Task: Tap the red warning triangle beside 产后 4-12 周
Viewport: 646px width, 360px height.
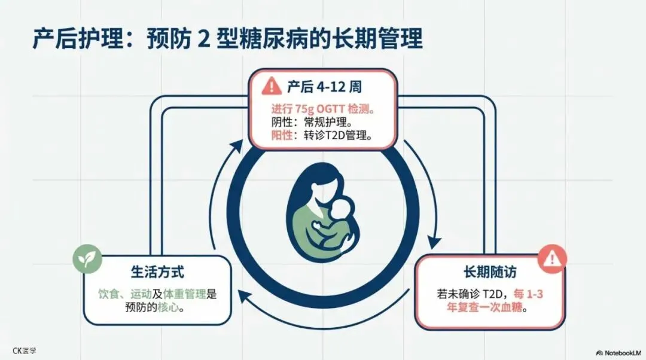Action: coord(272,86)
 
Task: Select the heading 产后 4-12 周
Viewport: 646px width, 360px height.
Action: coord(324,87)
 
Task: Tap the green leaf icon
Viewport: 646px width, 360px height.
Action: coord(84,259)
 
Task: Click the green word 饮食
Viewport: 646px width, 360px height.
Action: coord(110,294)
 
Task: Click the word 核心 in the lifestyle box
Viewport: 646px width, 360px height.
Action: coord(170,309)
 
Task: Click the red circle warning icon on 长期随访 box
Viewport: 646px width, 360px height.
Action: coord(552,259)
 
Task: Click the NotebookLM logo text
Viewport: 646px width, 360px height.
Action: coord(620,352)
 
